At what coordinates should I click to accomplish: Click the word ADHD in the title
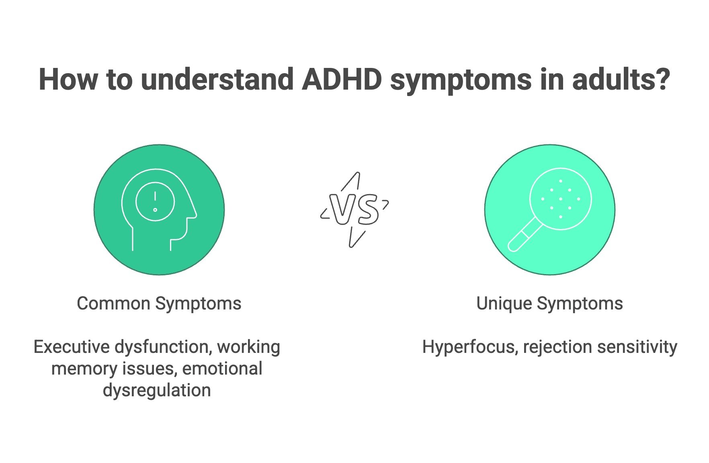(x=341, y=80)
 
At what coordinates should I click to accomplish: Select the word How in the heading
(x=68, y=80)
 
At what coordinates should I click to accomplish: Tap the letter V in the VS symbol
(x=341, y=209)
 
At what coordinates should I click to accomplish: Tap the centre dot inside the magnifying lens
(x=561, y=199)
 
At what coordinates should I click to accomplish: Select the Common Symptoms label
(x=159, y=303)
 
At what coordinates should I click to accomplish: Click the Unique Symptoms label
(x=549, y=303)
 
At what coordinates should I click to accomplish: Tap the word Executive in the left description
(x=72, y=347)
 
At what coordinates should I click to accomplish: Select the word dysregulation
(x=157, y=390)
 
